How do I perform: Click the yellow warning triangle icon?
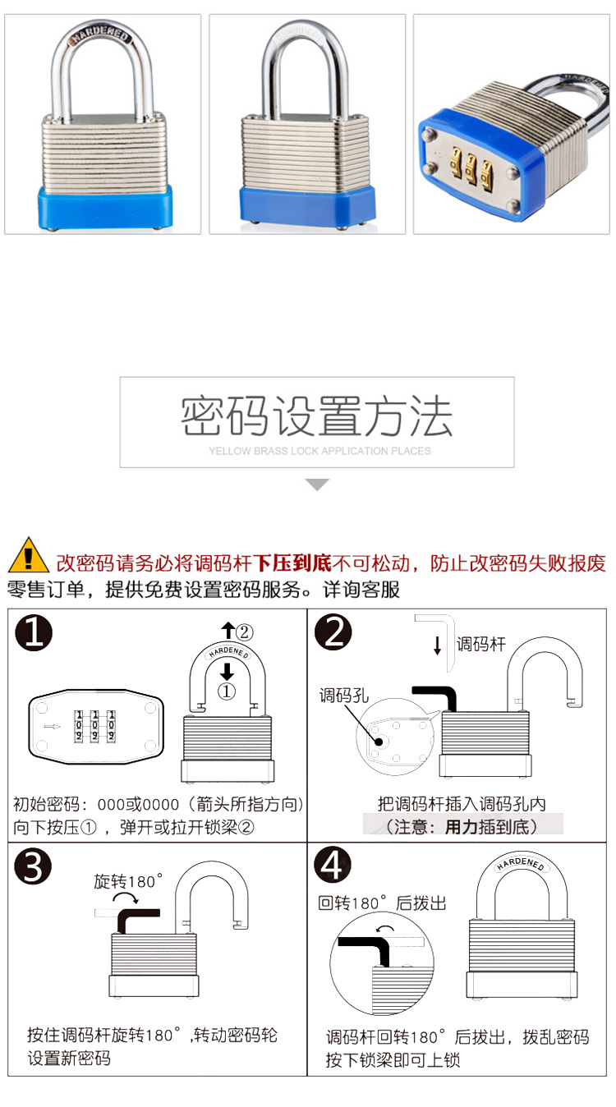(x=28, y=555)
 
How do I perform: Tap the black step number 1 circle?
(x=34, y=632)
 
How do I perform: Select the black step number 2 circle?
(x=333, y=632)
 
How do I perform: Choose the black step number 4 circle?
(x=332, y=865)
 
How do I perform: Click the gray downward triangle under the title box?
(x=317, y=485)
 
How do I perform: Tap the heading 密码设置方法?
(x=316, y=416)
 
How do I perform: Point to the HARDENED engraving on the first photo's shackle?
(x=101, y=35)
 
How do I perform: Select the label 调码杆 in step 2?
(x=481, y=645)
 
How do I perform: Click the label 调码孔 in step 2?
(x=343, y=696)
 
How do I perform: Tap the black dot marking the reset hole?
(x=379, y=742)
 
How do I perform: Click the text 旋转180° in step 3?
(x=128, y=882)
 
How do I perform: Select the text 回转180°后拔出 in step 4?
(x=382, y=903)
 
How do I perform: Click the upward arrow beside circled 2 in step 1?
(x=228, y=631)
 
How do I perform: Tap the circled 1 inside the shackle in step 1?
(x=227, y=691)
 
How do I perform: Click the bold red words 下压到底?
(x=292, y=563)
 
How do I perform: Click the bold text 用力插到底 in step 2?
(x=486, y=827)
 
